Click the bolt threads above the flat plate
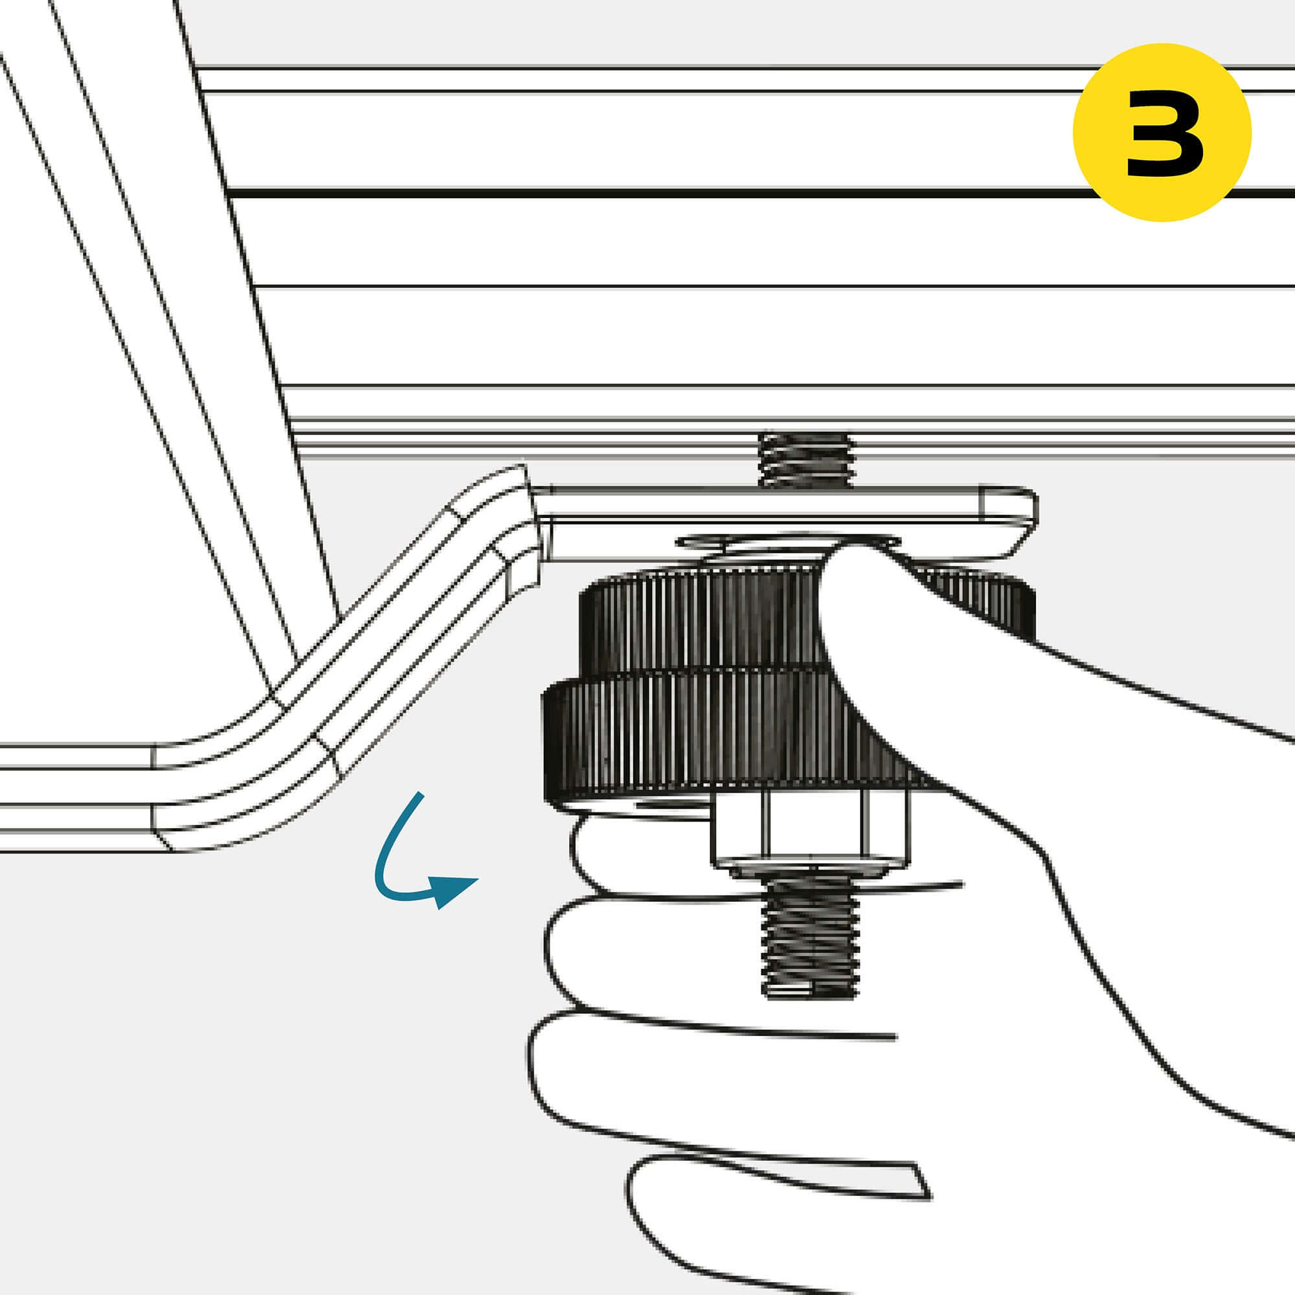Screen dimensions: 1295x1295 (807, 460)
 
